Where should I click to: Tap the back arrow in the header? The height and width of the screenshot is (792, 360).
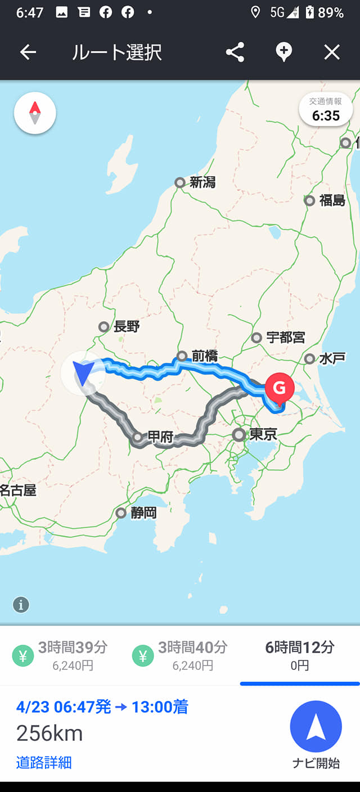point(28,52)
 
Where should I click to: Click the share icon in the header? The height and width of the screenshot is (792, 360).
point(235,52)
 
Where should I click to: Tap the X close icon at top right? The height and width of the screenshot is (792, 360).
point(332,52)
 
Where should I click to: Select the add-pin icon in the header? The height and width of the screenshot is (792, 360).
point(283,52)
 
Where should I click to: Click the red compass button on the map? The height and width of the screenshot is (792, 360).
point(35,113)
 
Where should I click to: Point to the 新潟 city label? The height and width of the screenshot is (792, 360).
point(202,182)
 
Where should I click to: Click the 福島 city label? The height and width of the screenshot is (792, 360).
point(332,200)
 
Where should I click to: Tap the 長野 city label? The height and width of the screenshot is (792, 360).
point(126,327)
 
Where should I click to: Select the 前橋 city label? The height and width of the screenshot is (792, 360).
point(204,356)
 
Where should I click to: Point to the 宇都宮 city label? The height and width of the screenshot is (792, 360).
point(285,337)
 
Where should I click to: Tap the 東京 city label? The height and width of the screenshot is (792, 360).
point(263,435)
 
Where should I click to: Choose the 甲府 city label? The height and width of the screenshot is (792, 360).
point(160,436)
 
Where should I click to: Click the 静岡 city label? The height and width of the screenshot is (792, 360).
point(143,513)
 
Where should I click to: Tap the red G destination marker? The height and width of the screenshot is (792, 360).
point(279,389)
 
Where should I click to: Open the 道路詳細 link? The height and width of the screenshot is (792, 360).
point(44,763)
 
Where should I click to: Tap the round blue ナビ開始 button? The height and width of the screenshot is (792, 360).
point(316,727)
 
